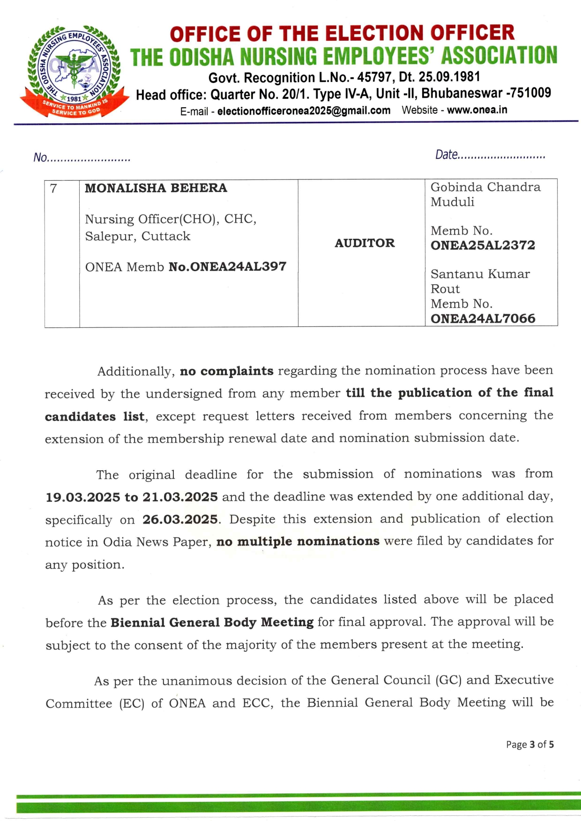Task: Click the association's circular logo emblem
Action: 74,71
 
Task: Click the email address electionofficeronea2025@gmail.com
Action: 304,111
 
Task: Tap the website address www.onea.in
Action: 477,110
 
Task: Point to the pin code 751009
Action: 531,93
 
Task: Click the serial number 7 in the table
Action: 54,188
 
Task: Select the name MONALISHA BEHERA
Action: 156,188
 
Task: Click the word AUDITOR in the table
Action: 365,243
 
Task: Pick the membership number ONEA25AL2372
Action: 483,245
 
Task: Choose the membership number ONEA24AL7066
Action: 483,318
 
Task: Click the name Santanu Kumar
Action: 480,274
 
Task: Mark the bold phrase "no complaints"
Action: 227,371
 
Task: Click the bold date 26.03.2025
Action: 180,519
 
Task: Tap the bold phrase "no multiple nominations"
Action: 298,541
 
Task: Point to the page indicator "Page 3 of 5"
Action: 529,744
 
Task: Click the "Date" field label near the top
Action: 447,155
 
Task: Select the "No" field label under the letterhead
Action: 40,157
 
